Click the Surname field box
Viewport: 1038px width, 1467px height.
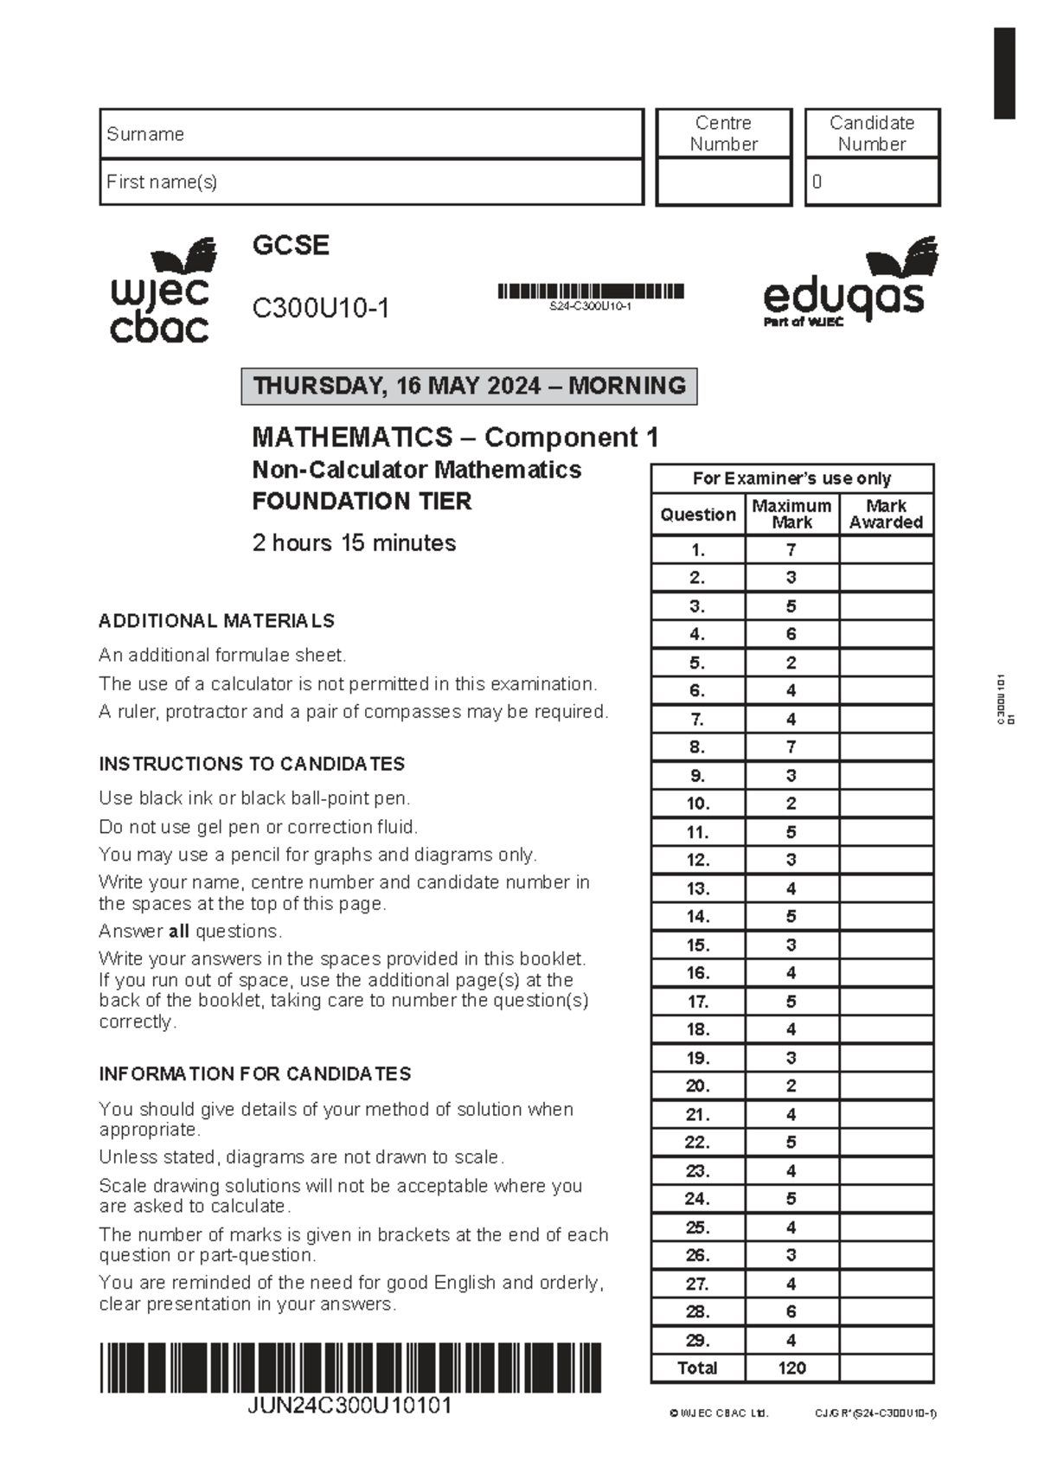(372, 134)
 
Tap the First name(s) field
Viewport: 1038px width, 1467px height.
(372, 183)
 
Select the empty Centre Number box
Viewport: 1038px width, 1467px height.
(724, 183)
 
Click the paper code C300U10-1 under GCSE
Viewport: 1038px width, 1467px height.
(321, 308)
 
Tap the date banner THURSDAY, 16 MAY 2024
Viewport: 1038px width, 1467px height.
(469, 386)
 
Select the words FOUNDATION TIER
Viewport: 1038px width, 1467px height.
(362, 502)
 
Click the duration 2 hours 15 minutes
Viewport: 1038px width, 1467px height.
(354, 543)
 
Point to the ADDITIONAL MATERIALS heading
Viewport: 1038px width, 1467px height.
(216, 621)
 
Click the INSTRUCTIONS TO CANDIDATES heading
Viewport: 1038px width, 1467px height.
(252, 765)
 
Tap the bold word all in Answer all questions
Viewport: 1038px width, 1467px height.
(179, 932)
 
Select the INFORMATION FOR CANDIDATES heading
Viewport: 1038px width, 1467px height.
(254, 1074)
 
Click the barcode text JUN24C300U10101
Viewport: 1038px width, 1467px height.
(349, 1406)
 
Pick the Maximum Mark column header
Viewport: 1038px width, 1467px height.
(791, 514)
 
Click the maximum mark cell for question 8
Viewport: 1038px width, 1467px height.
(791, 747)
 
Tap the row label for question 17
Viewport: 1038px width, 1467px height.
(698, 1002)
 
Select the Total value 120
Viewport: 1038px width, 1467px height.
(791, 1368)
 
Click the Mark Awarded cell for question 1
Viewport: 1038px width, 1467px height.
(886, 549)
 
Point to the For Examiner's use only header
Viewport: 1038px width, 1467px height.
(791, 478)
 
